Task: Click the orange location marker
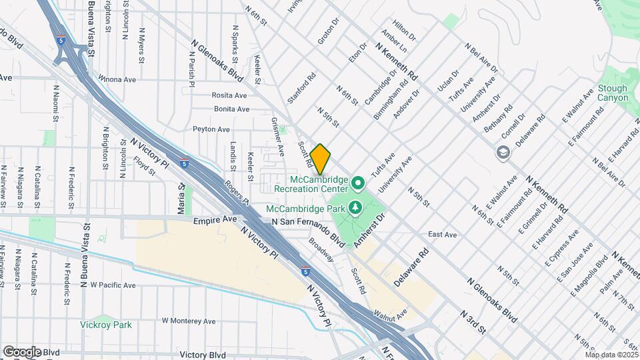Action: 321,159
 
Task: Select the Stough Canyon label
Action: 613,93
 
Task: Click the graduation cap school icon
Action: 501,153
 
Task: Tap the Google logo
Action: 22,352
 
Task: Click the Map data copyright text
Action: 611,355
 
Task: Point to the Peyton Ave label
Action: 211,129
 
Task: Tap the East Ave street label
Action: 442,235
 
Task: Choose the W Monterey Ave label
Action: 189,321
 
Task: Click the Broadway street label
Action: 321,250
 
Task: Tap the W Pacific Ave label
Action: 113,285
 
